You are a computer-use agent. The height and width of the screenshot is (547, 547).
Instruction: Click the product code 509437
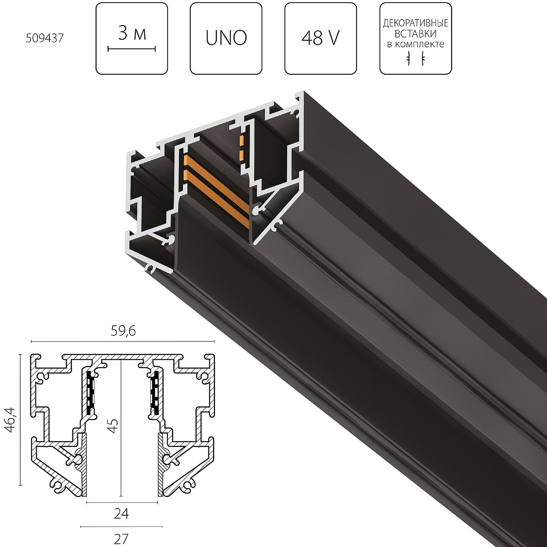click(45, 38)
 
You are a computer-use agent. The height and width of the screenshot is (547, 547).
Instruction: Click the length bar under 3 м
click(132, 49)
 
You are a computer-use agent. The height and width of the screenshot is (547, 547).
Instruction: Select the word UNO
click(226, 38)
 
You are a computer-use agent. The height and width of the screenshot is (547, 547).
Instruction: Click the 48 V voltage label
click(321, 38)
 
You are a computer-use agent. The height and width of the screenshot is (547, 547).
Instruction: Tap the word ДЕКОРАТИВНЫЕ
click(416, 23)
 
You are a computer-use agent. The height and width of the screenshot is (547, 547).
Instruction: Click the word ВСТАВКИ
click(416, 34)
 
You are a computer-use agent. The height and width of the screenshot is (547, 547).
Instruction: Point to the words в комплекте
click(416, 44)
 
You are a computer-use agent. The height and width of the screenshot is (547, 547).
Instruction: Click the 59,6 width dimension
click(123, 331)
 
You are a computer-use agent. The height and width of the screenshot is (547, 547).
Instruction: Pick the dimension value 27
click(121, 539)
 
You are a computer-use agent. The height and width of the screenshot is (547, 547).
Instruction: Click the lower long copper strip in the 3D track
click(217, 199)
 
